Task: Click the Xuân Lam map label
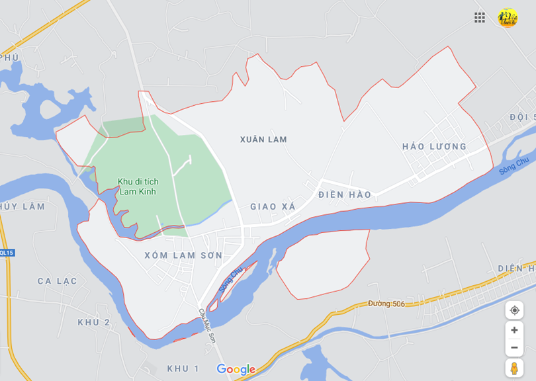tap(263, 140)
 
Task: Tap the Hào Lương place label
tap(434, 147)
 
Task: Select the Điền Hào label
tap(345, 194)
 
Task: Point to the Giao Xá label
tap(273, 207)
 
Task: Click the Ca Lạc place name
tap(57, 281)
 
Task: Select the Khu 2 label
tap(94, 322)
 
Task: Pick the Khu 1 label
tap(183, 368)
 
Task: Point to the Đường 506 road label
tap(386, 304)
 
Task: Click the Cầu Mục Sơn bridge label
tap(207, 324)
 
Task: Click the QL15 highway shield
tap(7, 253)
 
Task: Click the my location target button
tap(514, 310)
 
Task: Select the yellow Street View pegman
tap(514, 368)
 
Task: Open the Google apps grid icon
tap(480, 18)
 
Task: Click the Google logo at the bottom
tap(236, 369)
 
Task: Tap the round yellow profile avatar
tap(508, 18)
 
